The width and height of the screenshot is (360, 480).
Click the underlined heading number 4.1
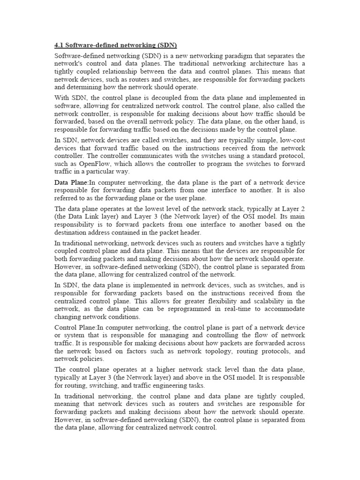pyautogui.click(x=59, y=45)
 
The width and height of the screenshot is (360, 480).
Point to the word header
pyautogui.click(x=191, y=232)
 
